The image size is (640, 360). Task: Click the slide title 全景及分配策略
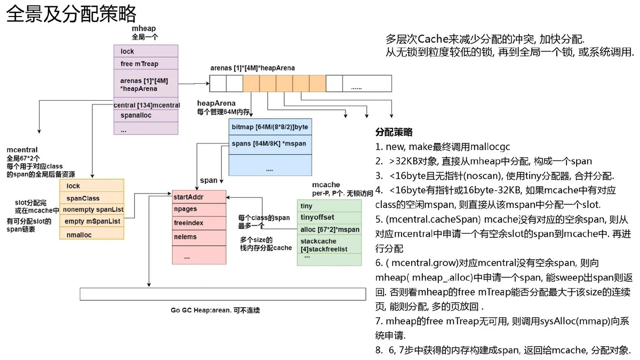point(71,14)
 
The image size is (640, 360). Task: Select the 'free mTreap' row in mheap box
point(146,63)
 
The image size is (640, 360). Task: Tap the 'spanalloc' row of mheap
point(146,115)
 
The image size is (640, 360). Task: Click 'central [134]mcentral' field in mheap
point(147,105)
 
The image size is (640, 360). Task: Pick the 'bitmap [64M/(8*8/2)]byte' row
point(270,127)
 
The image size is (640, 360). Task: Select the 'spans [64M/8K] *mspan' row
point(270,143)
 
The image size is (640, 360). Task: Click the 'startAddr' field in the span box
point(199,197)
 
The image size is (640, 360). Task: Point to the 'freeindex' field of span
point(199,223)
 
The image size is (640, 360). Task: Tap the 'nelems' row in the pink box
point(199,237)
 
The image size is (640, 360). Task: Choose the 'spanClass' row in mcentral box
point(92,198)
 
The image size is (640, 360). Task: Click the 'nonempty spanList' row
point(92,210)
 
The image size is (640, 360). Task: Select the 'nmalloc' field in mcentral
point(92,235)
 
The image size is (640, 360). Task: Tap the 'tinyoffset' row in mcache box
point(329,217)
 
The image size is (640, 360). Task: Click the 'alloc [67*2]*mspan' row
point(329,229)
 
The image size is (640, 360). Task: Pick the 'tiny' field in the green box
point(329,206)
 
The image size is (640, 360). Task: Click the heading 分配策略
point(394,132)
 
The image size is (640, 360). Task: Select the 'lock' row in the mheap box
point(146,51)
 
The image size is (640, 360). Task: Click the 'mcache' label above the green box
point(326,185)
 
